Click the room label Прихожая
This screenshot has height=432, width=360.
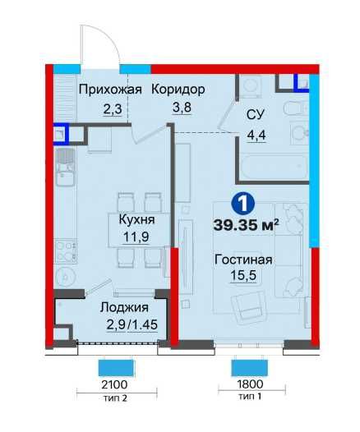pos(110,90)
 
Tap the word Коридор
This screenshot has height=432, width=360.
pos(178,90)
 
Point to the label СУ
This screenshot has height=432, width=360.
pos(256,114)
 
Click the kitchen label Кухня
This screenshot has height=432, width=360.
pos(132,220)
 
